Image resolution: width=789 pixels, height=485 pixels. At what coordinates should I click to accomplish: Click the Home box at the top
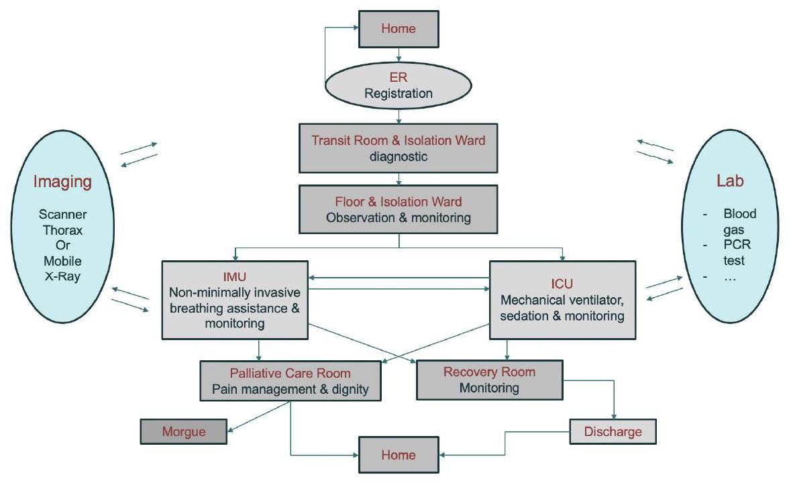coord(399,29)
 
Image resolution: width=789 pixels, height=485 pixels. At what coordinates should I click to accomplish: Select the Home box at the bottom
coord(399,454)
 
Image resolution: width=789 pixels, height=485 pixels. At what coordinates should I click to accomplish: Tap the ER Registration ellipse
coord(399,86)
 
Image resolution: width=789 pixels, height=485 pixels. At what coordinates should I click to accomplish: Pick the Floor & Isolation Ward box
coord(399,209)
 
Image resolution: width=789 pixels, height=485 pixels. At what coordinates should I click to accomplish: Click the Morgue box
coord(184,431)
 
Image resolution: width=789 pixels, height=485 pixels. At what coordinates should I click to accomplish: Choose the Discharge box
coord(613,431)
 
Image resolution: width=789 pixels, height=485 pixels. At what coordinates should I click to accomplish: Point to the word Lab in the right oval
coord(731,182)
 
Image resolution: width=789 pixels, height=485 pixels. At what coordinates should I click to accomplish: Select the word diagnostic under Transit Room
coord(399,157)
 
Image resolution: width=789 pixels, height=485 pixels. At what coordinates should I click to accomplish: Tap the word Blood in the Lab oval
coord(739,214)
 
